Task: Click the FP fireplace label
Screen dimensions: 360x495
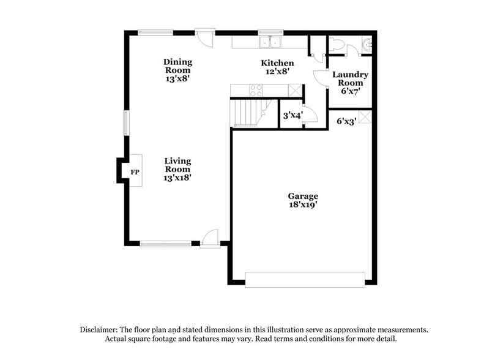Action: [135, 172]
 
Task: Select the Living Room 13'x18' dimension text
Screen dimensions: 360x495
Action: [178, 178]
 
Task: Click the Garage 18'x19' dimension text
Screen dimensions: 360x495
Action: [303, 205]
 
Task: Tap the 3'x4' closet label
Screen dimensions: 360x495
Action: [292, 114]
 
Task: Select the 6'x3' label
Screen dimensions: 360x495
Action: [346, 121]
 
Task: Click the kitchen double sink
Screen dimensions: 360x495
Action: [270, 42]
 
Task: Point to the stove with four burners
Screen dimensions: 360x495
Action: [256, 91]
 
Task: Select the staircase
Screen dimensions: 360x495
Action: [245, 113]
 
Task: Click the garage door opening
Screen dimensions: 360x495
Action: [305, 280]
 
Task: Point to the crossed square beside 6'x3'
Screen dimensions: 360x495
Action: [365, 117]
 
